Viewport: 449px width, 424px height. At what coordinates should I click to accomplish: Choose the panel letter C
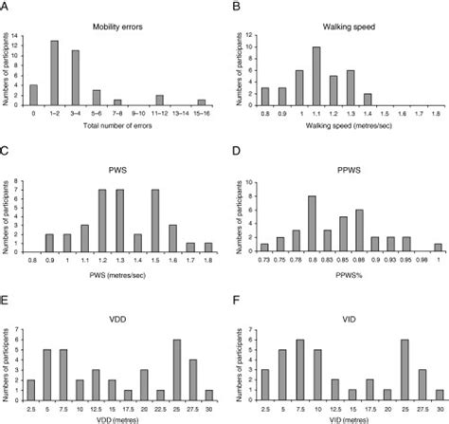coord(6,151)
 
